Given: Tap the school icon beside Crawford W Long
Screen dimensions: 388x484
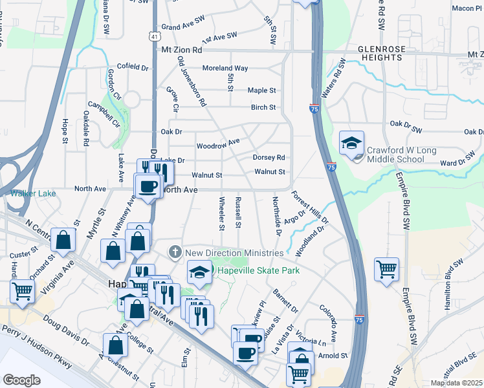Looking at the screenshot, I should click(x=352, y=143).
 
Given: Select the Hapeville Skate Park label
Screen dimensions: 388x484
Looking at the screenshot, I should click(x=258, y=270).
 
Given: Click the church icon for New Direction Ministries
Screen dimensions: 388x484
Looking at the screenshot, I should click(x=175, y=252).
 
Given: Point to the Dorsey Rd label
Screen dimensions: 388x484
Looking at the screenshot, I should click(x=269, y=157).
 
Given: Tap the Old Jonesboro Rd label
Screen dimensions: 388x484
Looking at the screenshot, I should click(x=191, y=81).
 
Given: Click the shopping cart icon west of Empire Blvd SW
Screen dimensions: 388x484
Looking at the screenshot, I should click(x=386, y=268).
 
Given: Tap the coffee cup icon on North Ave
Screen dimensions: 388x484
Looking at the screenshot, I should click(x=147, y=186).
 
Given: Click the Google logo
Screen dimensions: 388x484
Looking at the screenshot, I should click(x=21, y=380).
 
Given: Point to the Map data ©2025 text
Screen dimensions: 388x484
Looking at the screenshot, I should click(x=456, y=383).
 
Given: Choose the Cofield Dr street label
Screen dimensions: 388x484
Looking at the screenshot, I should click(x=134, y=67).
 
